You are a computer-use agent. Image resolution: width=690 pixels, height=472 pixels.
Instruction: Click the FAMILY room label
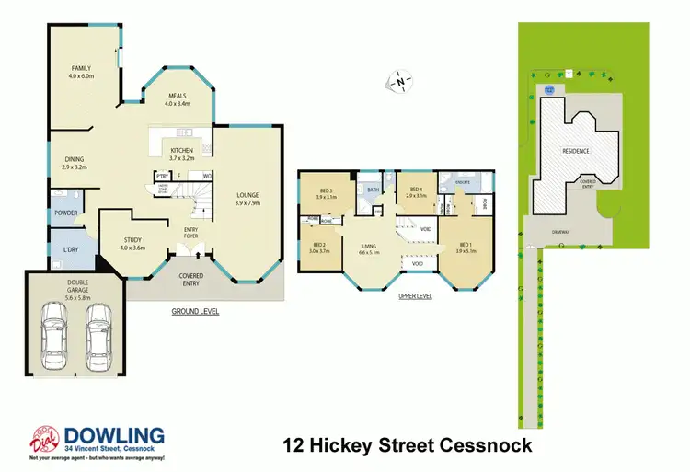(84, 68)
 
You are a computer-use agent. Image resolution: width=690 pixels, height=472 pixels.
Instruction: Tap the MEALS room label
(177, 98)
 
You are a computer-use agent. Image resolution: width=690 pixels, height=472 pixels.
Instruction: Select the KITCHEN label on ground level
(181, 150)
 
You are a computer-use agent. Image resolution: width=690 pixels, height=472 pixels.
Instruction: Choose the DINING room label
(74, 161)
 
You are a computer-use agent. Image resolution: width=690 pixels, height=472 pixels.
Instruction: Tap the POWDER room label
(66, 213)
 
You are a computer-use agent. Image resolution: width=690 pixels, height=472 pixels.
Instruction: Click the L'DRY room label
(70, 251)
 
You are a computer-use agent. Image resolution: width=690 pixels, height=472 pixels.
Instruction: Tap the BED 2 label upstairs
(318, 245)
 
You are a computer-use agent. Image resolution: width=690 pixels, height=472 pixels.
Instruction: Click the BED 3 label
(324, 191)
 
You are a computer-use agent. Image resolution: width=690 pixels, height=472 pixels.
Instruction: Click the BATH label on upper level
(373, 190)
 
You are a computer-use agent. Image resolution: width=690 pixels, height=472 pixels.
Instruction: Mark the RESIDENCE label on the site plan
(576, 150)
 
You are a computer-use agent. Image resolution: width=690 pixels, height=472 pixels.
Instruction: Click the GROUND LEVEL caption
(195, 312)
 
